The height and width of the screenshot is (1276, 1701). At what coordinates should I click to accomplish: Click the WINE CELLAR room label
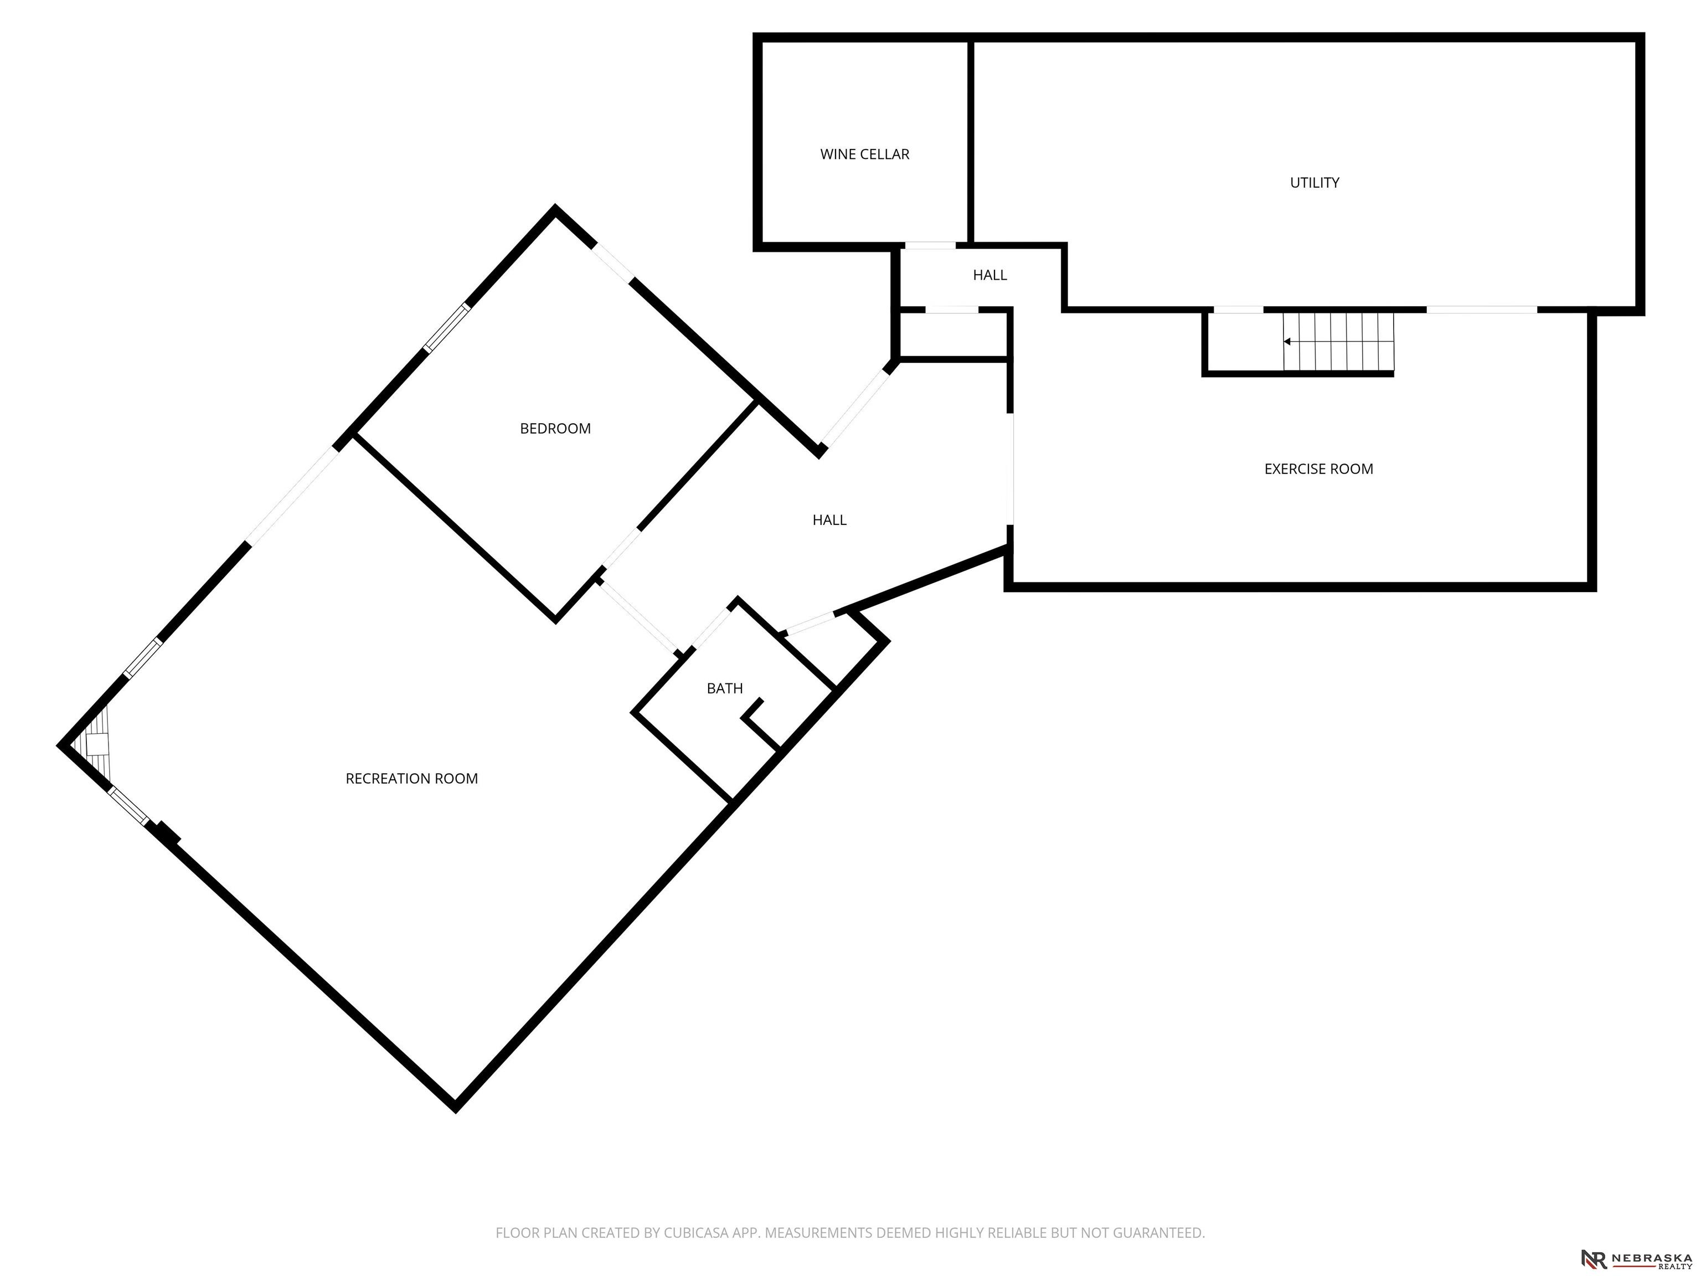pos(864,155)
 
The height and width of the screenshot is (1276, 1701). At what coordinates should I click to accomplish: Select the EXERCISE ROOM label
pos(1318,469)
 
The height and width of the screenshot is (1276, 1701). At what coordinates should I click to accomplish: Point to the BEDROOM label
pos(555,429)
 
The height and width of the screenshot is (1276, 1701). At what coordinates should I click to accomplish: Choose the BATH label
pos(724,689)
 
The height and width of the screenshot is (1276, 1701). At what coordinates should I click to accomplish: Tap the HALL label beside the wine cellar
pos(989,275)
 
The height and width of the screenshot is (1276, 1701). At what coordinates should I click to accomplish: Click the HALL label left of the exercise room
pos(829,521)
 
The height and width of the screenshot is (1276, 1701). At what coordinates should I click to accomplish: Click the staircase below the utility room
pos(1338,341)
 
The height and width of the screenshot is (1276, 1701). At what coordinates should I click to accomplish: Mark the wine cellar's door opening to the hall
pos(929,246)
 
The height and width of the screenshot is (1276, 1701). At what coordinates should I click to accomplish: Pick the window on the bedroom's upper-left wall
pos(447,328)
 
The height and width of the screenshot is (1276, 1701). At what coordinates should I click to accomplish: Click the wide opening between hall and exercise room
pos(1011,469)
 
